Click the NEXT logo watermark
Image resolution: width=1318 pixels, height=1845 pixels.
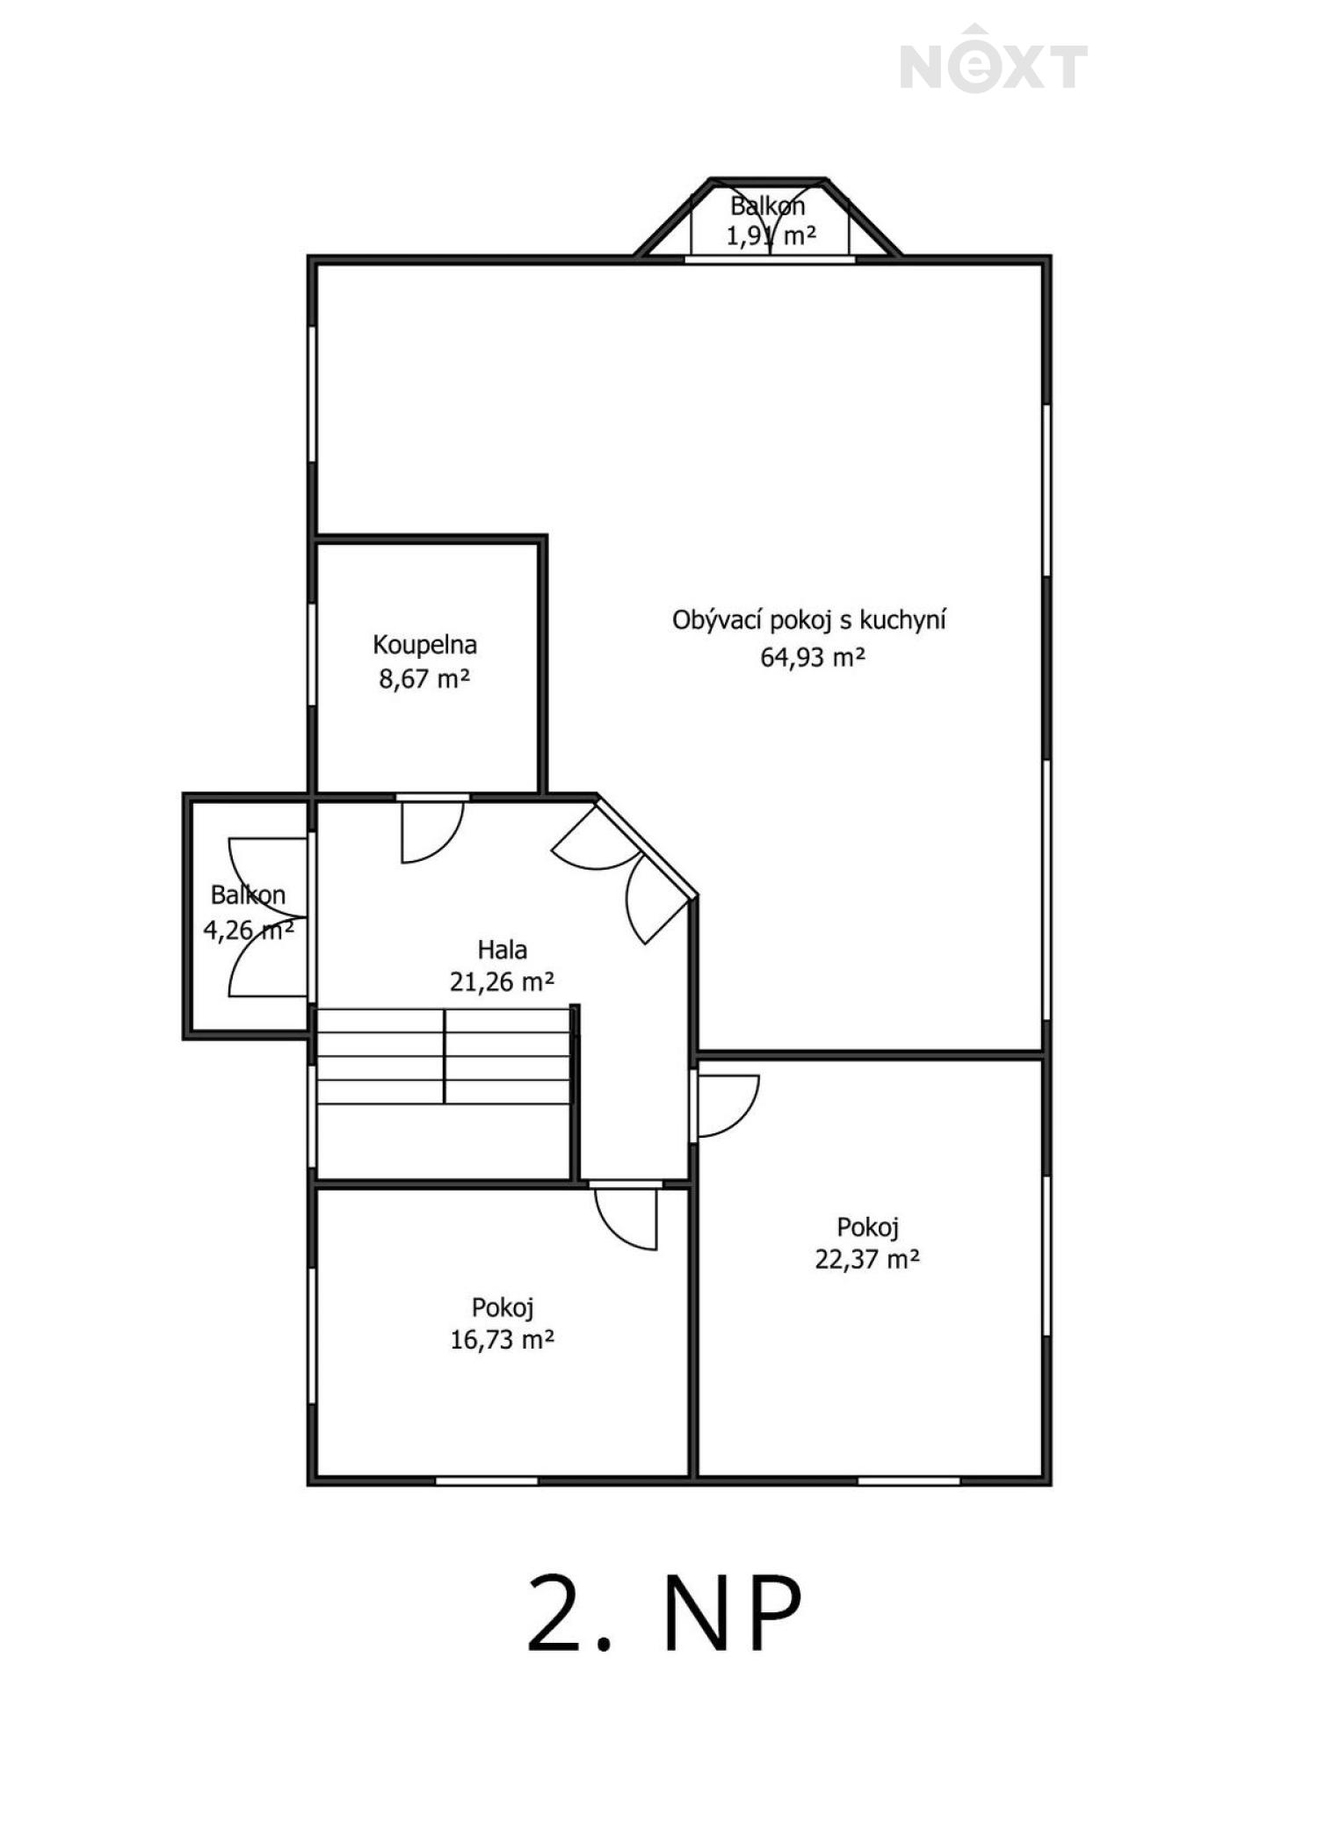[x=994, y=59]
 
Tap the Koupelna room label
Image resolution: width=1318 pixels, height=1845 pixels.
[x=424, y=645]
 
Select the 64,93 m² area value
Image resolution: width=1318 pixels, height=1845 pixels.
[x=813, y=657]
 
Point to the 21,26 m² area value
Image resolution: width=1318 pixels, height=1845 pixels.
[x=502, y=981]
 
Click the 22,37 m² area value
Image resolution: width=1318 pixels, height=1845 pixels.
[x=867, y=1259]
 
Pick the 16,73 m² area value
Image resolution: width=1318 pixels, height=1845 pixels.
[x=502, y=1340]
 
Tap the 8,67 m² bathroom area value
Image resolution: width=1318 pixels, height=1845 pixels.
[x=424, y=678]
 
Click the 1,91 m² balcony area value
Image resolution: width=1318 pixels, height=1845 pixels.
[x=771, y=235]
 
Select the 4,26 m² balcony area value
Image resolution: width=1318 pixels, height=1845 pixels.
[x=249, y=930]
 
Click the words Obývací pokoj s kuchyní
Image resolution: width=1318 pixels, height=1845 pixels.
[x=809, y=620]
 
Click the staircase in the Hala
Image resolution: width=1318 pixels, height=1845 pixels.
[x=444, y=1056]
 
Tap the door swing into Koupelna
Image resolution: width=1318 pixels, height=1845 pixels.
[x=432, y=831]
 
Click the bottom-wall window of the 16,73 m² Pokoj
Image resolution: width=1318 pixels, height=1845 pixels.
[x=487, y=1480]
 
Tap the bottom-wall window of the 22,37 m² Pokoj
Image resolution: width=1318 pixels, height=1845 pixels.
[x=909, y=1480]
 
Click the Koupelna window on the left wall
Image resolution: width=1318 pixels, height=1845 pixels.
[x=312, y=655]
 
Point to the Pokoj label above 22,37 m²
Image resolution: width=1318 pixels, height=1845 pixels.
[x=867, y=1227]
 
